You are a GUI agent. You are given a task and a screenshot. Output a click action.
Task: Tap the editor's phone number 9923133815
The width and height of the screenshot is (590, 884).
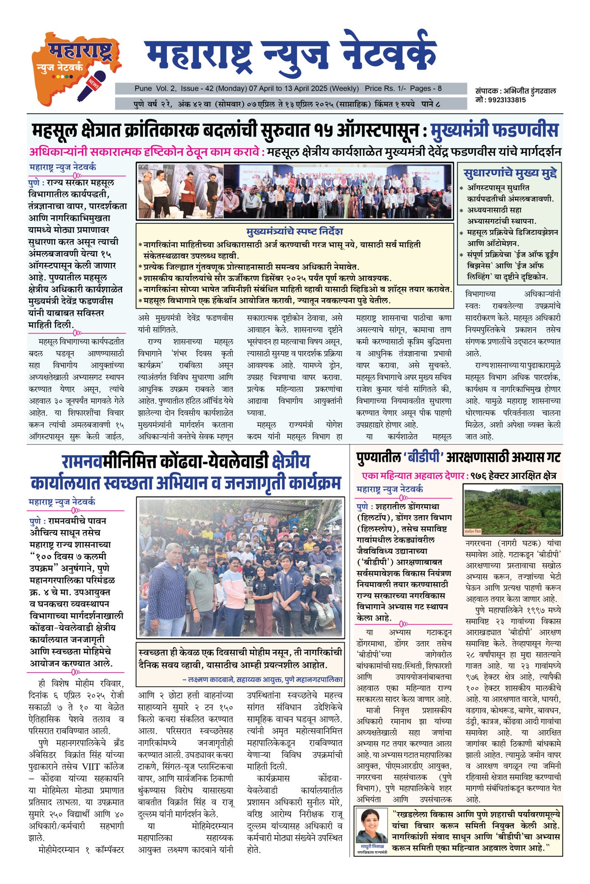pos(504,100)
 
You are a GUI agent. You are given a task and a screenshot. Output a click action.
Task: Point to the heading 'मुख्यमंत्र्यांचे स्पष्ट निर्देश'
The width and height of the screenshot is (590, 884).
pos(294,231)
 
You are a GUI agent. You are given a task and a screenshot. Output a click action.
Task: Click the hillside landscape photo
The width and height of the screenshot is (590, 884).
pos(513,510)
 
